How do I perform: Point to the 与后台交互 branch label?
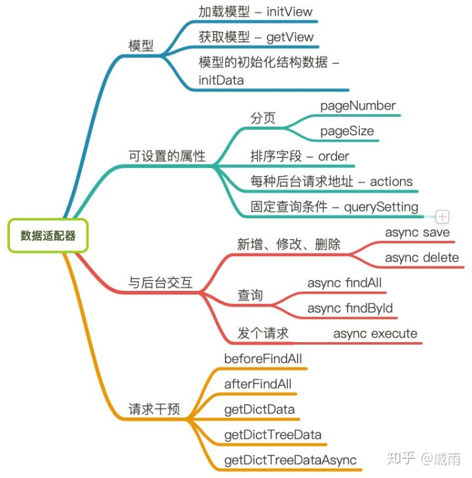tap(161, 283)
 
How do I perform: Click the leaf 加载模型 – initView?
tap(256, 11)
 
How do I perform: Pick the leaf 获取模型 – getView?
tap(256, 37)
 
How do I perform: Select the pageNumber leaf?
tap(358, 105)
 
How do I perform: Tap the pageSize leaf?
tap(347, 131)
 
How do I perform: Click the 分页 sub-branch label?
tap(263, 118)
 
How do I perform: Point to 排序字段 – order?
tap(300, 156)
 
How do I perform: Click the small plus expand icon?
tap(442, 216)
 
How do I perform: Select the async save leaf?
tap(417, 232)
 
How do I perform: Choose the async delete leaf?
tap(422, 257)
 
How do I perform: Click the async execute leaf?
tap(375, 334)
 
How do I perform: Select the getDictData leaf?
tap(259, 410)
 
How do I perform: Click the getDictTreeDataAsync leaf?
tap(290, 460)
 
